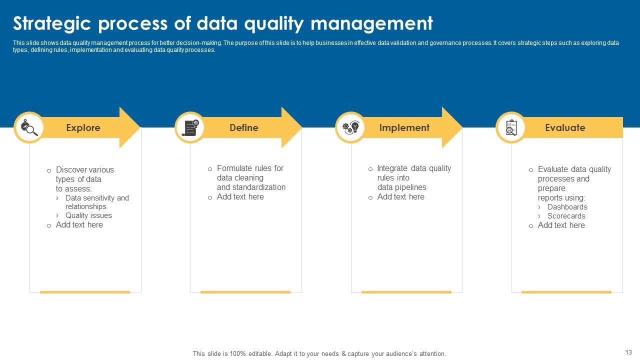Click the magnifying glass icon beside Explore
(29, 127)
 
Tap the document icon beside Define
(190, 127)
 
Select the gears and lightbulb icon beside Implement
(350, 127)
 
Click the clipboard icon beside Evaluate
(511, 127)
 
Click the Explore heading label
(83, 128)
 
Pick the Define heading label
(244, 128)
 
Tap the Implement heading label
(404, 128)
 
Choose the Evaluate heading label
(565, 128)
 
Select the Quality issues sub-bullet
(88, 215)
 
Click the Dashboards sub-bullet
(567, 207)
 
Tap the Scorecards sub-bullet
(566, 216)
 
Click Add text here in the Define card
(240, 197)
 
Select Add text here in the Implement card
(400, 197)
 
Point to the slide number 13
(628, 352)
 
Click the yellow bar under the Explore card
(85, 292)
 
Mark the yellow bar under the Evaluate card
(566, 292)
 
